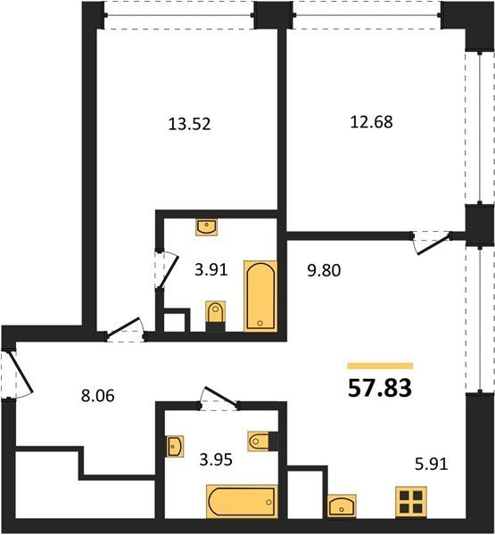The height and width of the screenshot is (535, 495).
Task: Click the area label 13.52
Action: [x=189, y=124]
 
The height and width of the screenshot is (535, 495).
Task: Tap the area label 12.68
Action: [x=371, y=122]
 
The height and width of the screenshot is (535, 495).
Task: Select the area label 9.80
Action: [x=324, y=270]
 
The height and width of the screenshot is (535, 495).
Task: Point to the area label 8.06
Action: [x=98, y=396]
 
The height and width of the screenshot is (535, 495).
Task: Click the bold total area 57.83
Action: [x=380, y=388]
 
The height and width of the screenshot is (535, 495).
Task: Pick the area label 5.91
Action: [x=431, y=464]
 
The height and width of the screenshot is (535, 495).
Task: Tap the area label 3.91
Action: [x=211, y=270]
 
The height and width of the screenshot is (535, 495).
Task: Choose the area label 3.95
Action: [x=216, y=459]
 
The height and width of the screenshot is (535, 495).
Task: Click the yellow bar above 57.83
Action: [x=380, y=366]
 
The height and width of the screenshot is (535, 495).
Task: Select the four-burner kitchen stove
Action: [x=411, y=502]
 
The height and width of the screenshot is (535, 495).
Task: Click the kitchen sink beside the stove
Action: [x=342, y=506]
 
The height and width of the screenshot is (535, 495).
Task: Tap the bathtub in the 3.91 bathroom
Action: [x=260, y=296]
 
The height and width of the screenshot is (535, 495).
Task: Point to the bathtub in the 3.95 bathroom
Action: [x=242, y=501]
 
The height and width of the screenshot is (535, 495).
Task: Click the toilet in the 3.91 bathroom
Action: [x=216, y=316]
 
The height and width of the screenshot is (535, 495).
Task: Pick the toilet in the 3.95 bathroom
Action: [x=263, y=441]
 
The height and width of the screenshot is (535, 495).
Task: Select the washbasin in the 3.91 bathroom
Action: [x=207, y=227]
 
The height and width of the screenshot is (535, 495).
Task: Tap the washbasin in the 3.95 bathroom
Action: [x=175, y=446]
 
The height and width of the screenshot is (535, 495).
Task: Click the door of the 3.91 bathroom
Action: [x=169, y=270]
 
